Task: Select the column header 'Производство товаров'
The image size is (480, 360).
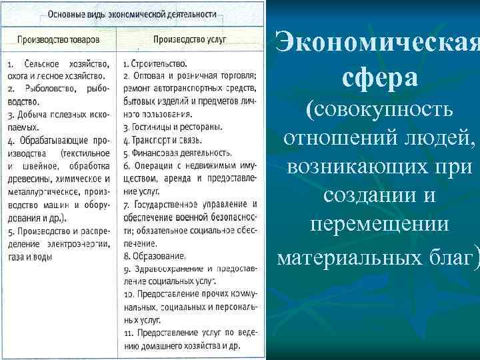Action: tap(59, 39)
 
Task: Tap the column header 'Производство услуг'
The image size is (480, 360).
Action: tap(190, 39)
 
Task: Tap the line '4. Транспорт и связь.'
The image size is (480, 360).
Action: tap(163, 140)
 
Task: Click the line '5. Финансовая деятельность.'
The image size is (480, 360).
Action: tap(176, 153)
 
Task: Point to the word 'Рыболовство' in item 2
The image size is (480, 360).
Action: tap(50, 90)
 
